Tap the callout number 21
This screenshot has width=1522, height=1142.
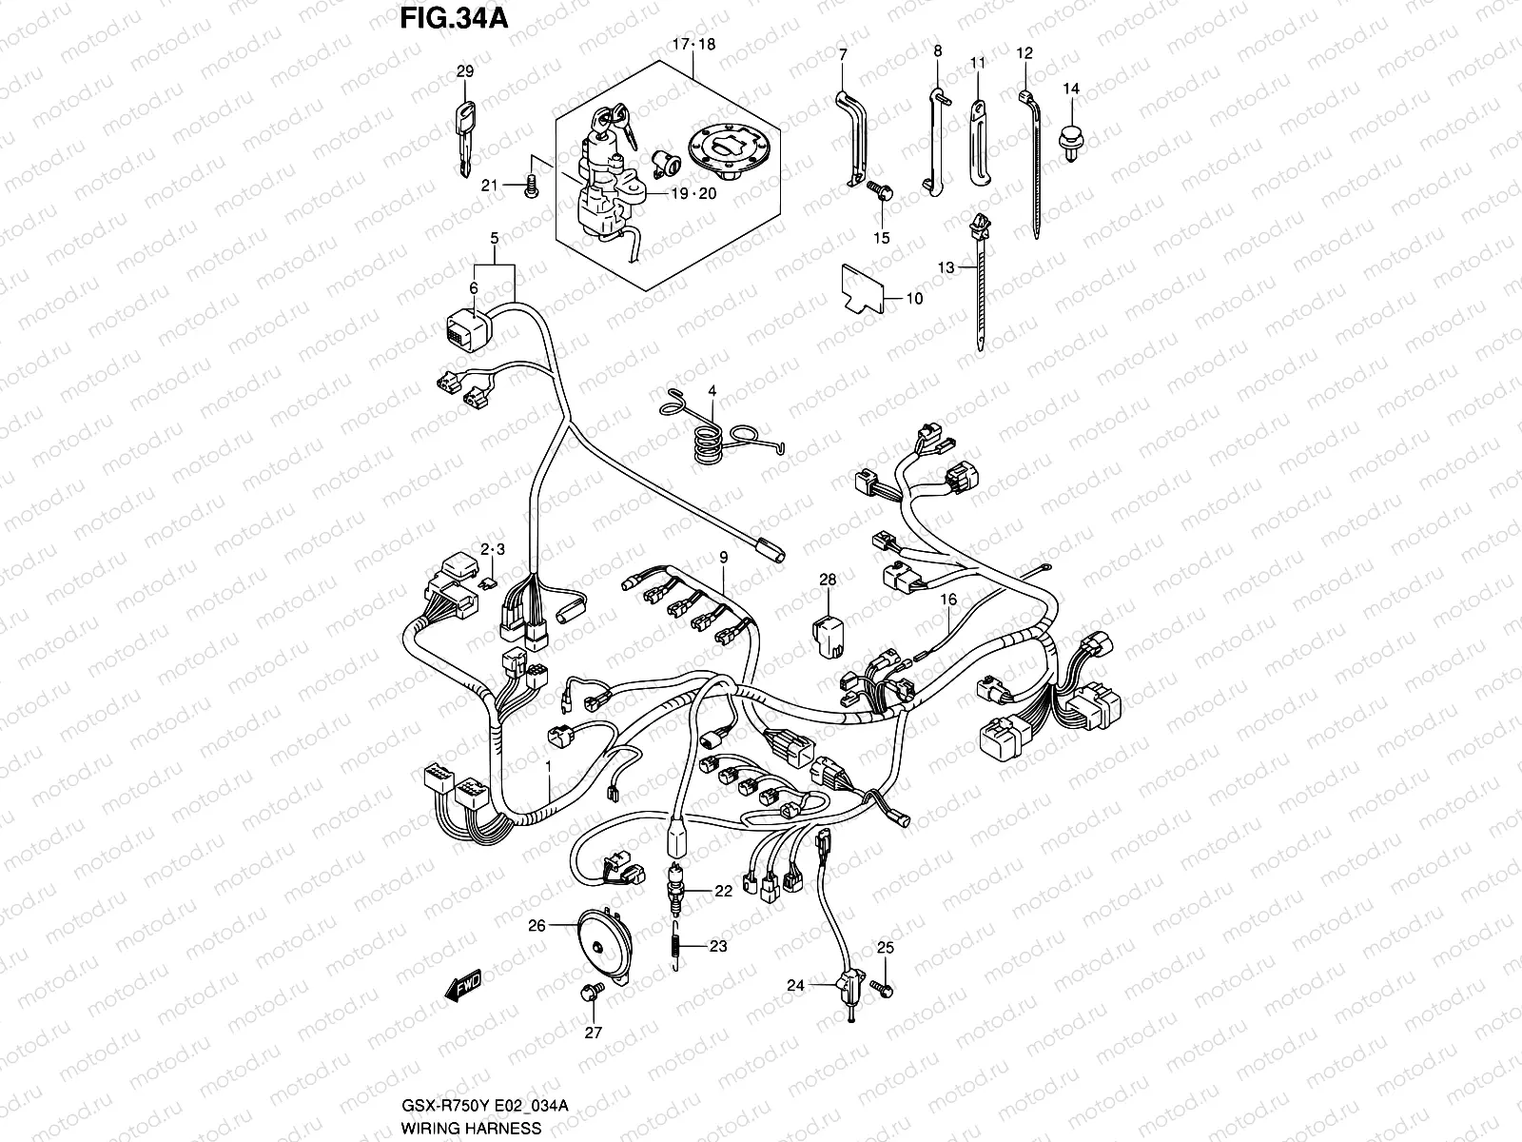point(489,185)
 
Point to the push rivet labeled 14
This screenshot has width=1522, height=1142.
point(1072,141)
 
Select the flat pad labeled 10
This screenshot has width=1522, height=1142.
point(862,288)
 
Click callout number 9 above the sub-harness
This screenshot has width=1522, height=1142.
point(723,556)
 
